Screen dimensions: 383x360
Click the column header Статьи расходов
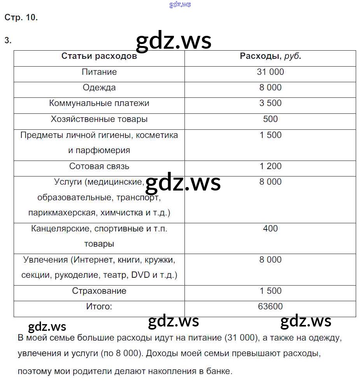click(x=99, y=56)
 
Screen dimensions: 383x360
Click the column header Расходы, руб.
click(x=270, y=56)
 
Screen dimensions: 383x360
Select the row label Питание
click(x=99, y=72)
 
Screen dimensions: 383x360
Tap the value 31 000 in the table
click(x=270, y=72)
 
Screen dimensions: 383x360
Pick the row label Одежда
click(x=99, y=88)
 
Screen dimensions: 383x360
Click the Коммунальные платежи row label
click(x=99, y=103)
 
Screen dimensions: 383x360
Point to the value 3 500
click(x=270, y=103)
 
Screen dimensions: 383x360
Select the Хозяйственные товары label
click(x=99, y=119)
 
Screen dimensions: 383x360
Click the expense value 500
click(x=270, y=119)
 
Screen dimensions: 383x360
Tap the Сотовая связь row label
click(x=99, y=166)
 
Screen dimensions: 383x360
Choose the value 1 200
click(x=270, y=166)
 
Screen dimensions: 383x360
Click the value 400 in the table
click(x=270, y=229)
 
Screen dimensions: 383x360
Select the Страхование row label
click(x=99, y=291)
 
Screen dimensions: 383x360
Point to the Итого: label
click(x=99, y=307)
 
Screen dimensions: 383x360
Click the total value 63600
click(x=270, y=307)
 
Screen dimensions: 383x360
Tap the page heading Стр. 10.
click(x=21, y=18)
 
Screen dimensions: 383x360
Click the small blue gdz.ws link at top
click(x=180, y=4)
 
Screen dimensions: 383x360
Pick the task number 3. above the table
click(x=8, y=41)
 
